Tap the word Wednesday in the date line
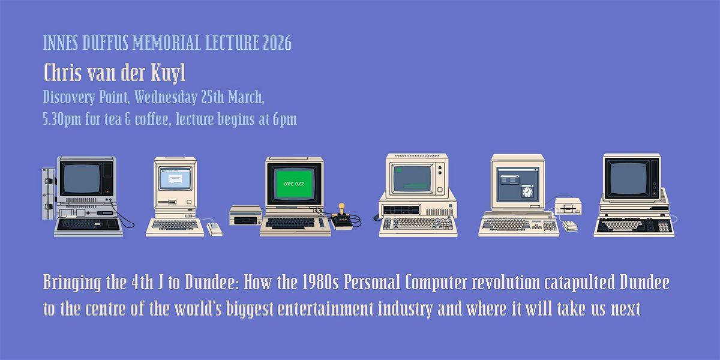coord(166,97)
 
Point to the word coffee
coord(151,119)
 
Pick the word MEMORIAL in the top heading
coord(167,43)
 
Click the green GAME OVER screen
coord(294,184)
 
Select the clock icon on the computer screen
coord(527,191)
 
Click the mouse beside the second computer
coord(214,229)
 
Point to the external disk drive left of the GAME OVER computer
coord(246,215)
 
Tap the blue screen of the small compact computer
coord(175,178)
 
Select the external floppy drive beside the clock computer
coord(568,206)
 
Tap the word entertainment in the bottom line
coord(325,308)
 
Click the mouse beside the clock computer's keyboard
coord(570,226)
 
